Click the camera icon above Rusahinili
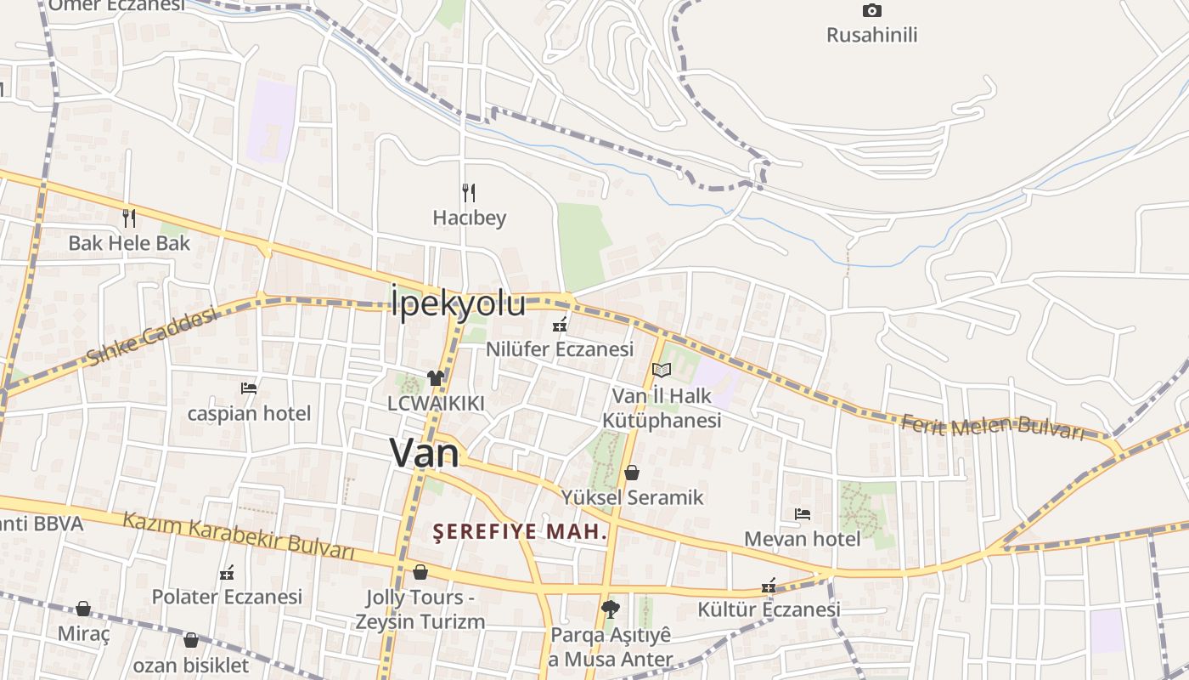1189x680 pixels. (x=871, y=11)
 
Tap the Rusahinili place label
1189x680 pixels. (x=871, y=35)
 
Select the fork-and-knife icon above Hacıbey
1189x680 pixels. (x=468, y=193)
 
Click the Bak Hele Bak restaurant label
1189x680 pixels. (x=129, y=243)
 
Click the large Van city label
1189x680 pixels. (x=424, y=453)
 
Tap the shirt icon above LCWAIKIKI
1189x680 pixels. (x=436, y=378)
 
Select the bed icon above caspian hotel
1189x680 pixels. (x=249, y=388)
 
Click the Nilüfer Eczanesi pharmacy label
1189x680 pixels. (x=560, y=349)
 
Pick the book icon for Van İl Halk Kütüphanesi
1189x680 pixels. (x=662, y=370)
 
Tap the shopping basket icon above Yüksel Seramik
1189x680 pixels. (x=631, y=472)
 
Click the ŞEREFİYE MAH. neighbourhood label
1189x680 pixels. (x=521, y=532)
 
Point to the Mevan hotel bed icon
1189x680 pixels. (x=802, y=514)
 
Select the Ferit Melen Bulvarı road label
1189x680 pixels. (x=993, y=427)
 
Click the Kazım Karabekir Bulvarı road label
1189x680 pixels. (x=239, y=535)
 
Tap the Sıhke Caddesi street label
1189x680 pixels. (x=151, y=337)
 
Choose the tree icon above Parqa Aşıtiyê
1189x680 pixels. (x=609, y=609)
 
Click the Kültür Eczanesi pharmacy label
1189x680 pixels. (x=769, y=609)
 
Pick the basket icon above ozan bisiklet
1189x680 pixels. (x=191, y=640)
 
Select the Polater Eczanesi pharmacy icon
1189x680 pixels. (x=226, y=573)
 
